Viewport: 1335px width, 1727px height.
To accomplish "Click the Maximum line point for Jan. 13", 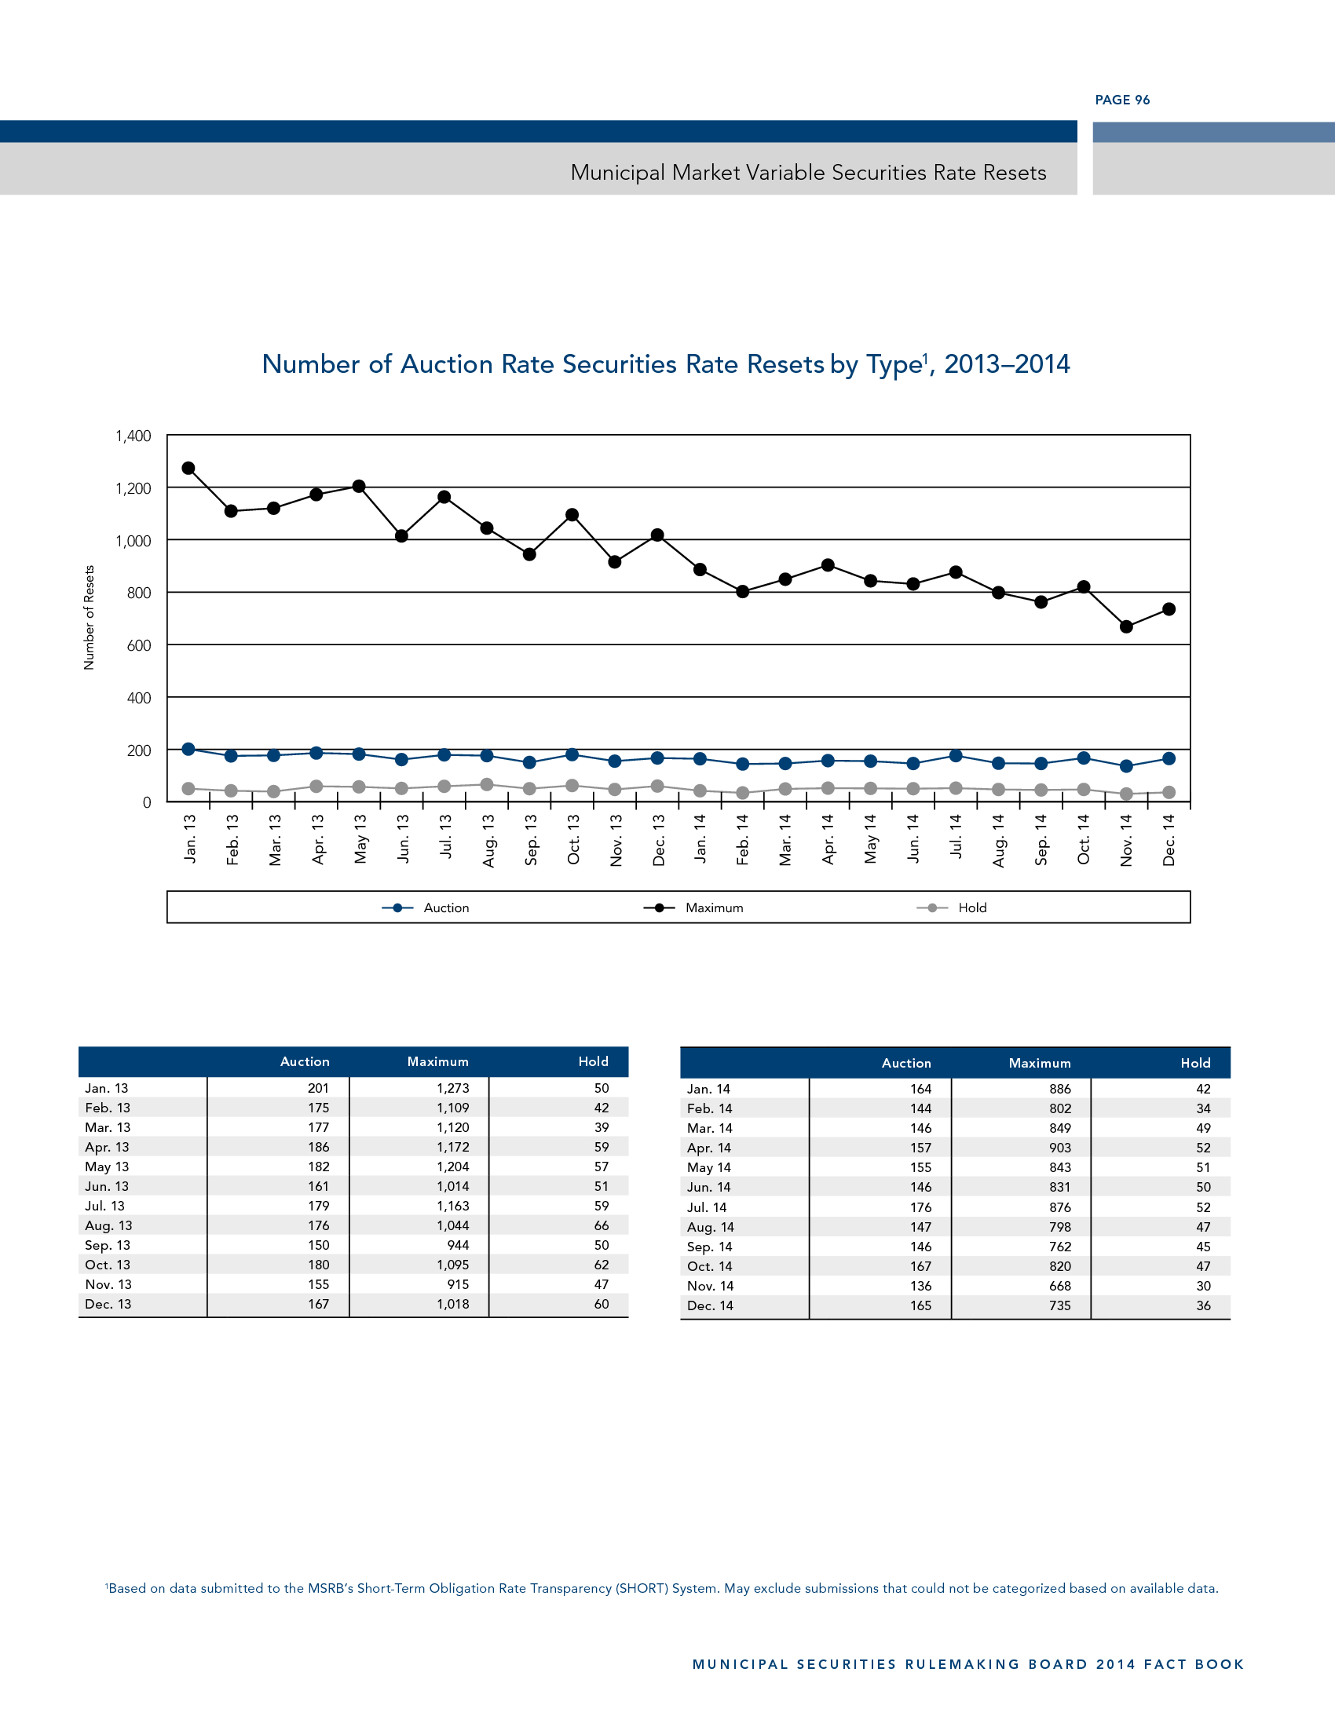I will click(x=188, y=468).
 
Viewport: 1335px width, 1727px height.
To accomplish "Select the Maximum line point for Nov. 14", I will click(x=1126, y=626).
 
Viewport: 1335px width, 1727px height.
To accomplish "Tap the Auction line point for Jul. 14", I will click(x=956, y=756).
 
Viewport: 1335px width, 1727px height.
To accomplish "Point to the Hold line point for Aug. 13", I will click(x=487, y=784).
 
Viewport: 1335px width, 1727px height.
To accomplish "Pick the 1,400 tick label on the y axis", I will click(x=133, y=436).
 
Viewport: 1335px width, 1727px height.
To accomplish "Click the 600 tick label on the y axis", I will click(x=138, y=645).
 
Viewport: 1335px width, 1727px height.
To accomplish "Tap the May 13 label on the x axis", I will click(x=360, y=839).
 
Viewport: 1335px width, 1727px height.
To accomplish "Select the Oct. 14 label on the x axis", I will click(x=1084, y=839).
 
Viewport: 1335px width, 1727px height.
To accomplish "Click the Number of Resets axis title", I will click(x=89, y=618).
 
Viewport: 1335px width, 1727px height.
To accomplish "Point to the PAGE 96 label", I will click(x=1122, y=100).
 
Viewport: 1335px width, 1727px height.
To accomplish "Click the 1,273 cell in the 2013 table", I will click(x=452, y=1088).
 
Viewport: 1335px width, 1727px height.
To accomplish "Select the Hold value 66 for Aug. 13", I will click(x=601, y=1225).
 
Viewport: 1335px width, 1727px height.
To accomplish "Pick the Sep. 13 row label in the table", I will click(x=108, y=1245).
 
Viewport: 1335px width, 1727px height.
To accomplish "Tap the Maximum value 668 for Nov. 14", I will click(x=1060, y=1286).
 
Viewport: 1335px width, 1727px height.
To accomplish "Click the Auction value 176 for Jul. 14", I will click(x=920, y=1207).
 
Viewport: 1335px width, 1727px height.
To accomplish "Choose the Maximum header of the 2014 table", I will click(x=1039, y=1063).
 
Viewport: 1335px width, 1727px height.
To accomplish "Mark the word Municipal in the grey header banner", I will click(x=618, y=173).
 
